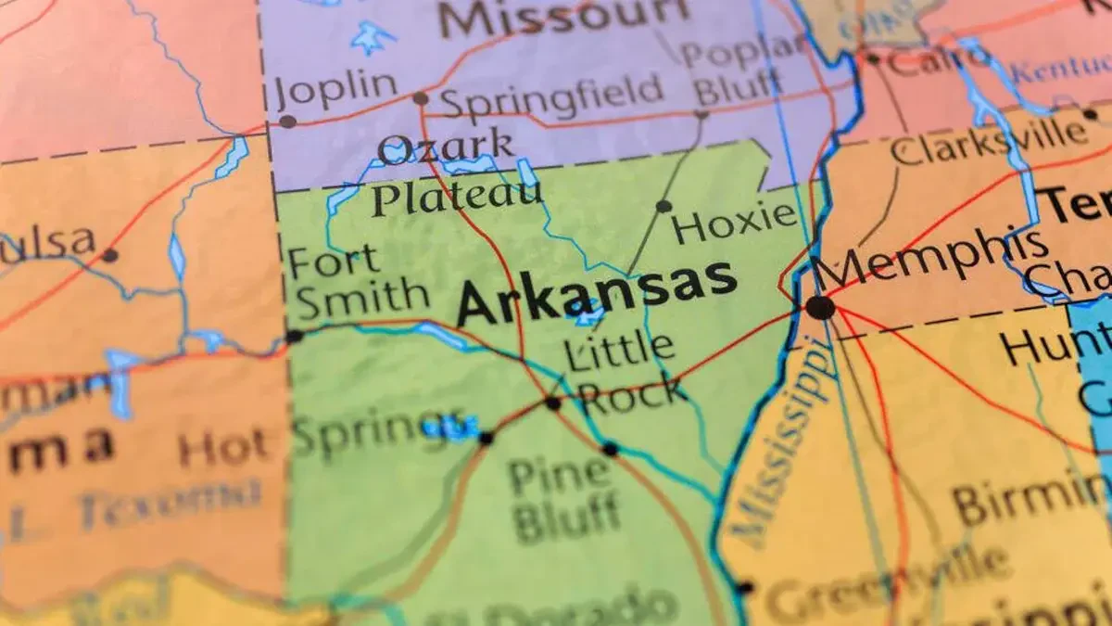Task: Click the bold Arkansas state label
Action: tap(597, 291)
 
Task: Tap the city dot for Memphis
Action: tap(819, 307)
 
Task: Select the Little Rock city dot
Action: tap(553, 403)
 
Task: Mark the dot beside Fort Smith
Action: tap(294, 336)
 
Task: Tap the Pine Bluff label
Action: tap(562, 497)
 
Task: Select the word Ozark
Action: tap(446, 147)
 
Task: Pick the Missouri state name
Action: tap(563, 18)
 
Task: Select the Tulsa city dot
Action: tap(109, 255)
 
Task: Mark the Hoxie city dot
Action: tap(663, 206)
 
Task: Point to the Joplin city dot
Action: tap(287, 121)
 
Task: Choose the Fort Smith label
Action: tap(357, 280)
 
